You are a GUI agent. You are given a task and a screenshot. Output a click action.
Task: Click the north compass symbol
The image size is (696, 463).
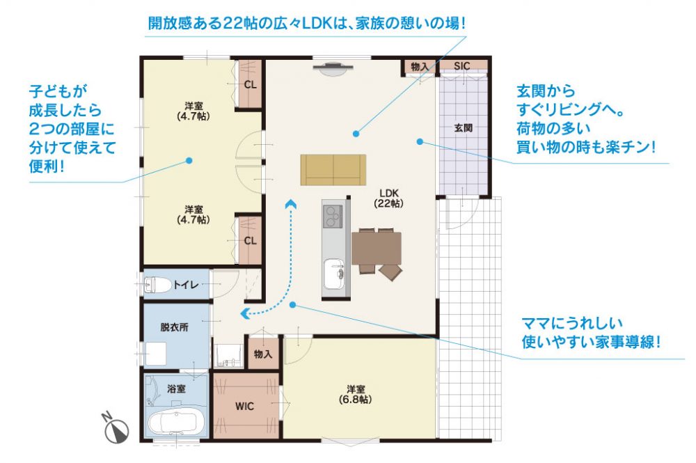[x=116, y=430]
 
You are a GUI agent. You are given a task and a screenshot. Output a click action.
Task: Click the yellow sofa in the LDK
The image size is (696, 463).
[x=333, y=170]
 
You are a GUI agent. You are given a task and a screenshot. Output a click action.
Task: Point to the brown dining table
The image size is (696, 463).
[x=377, y=248]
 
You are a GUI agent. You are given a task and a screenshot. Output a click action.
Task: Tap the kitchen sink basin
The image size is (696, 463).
[x=334, y=274]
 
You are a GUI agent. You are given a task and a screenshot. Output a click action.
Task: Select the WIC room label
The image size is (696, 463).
[x=244, y=406]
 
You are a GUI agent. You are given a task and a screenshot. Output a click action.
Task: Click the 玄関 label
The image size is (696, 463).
[x=463, y=128]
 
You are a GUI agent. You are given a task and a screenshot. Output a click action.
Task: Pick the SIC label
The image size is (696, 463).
[x=461, y=66]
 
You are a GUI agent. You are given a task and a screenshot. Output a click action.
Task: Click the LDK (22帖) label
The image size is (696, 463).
[x=389, y=198]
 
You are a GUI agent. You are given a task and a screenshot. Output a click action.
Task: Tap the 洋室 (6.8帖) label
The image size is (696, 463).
[x=355, y=394]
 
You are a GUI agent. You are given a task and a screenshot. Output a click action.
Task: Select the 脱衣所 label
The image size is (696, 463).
[x=174, y=328]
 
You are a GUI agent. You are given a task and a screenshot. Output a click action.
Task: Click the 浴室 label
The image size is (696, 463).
[x=176, y=389]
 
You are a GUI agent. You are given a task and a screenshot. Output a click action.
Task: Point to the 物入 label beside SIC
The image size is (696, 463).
[x=420, y=67]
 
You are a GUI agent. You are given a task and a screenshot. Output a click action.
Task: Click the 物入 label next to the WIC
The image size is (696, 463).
[x=263, y=354]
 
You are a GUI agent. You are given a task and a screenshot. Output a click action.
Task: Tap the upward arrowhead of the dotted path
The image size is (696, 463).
[x=291, y=203]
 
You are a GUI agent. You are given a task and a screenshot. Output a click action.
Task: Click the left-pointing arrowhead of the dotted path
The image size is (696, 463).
[x=244, y=313]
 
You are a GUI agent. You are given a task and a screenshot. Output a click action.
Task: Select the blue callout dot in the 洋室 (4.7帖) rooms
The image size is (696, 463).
[x=189, y=161]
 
